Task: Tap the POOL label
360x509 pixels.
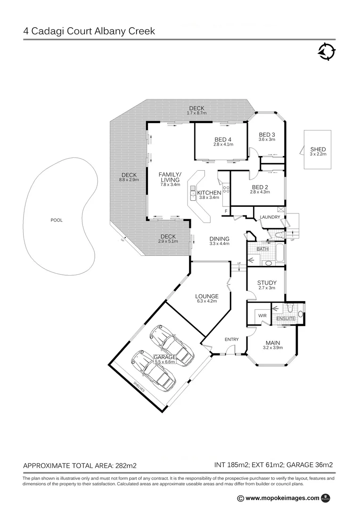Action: [x=57, y=220]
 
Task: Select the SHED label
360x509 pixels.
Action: [x=318, y=149]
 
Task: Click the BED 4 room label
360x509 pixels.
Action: [x=223, y=139]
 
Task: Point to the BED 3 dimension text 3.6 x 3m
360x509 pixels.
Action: [x=267, y=140]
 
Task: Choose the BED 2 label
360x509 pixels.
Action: [x=260, y=187]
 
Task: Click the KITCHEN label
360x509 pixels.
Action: [x=209, y=193]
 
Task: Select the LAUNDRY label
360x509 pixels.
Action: [x=270, y=217]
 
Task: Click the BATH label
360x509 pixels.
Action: [x=262, y=249]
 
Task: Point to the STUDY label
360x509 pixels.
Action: [x=267, y=283]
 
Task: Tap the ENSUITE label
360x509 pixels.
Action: [x=286, y=319]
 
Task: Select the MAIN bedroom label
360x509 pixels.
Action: [x=273, y=343]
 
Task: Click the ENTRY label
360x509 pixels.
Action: [x=231, y=339]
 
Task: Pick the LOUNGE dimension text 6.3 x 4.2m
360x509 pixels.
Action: [x=207, y=301]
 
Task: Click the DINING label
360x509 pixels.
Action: [x=219, y=238]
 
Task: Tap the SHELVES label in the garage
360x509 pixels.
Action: [x=139, y=387]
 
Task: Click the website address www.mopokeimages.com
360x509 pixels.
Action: [x=282, y=498]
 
